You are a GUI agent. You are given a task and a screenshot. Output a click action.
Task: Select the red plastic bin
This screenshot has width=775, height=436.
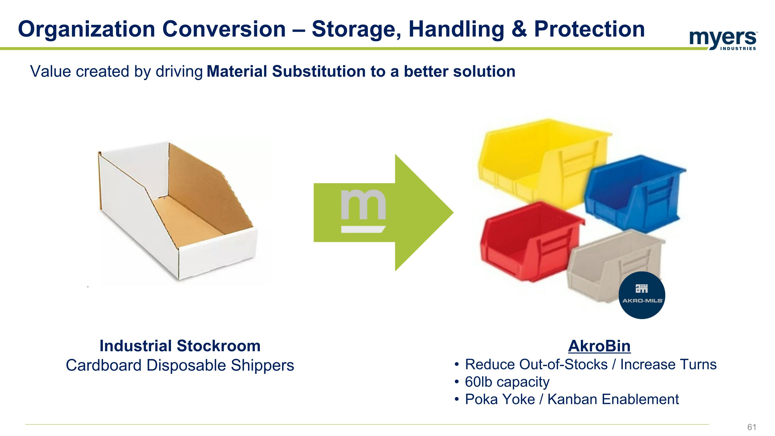coord(526,244)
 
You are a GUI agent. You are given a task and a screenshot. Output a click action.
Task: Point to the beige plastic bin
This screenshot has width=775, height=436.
coord(608,265)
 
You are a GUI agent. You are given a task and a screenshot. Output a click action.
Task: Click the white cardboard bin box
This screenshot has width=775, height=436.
coord(177,214)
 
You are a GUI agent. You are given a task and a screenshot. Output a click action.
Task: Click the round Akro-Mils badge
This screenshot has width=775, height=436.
coord(642,295)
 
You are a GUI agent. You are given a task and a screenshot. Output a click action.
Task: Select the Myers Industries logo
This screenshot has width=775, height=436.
coord(723,40)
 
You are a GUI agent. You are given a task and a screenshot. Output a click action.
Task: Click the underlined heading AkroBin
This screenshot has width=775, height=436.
coord(599,346)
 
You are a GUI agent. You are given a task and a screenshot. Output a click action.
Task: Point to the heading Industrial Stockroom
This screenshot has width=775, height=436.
coord(180,346)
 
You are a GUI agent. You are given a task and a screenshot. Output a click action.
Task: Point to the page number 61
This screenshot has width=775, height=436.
coord(751,427)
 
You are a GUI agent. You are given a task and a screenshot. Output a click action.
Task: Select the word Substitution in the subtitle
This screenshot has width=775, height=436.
coord(319,72)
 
